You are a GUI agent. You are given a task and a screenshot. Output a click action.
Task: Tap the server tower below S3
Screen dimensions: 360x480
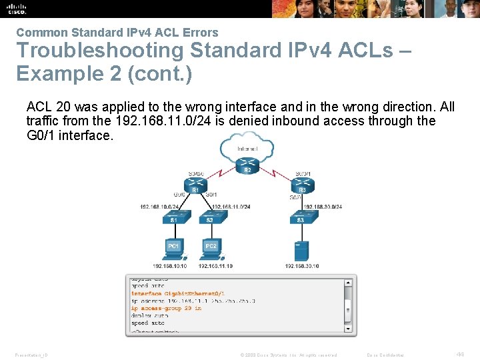point(301,250)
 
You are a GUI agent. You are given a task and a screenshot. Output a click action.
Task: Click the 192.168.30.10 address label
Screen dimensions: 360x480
point(301,266)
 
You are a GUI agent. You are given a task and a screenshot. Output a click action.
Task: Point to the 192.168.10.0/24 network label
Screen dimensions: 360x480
point(159,207)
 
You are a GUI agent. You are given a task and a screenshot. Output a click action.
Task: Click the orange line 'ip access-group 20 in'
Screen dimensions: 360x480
point(167,309)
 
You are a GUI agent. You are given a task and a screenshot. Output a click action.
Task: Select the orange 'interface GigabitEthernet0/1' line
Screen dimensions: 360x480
point(178,293)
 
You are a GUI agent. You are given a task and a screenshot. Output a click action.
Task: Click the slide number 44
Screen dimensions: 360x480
point(459,354)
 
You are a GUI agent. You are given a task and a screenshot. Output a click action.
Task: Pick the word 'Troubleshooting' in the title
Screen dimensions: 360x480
point(91,51)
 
